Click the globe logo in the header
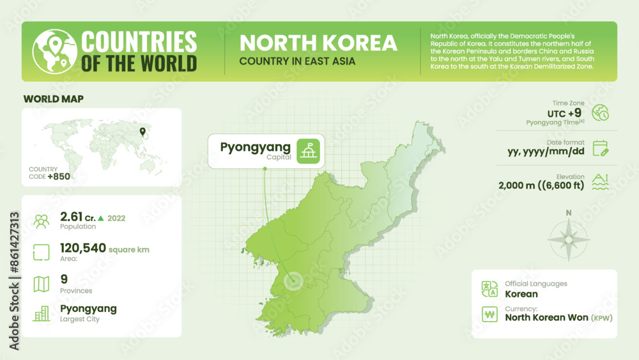54,51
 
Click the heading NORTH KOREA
318,43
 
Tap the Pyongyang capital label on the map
255,147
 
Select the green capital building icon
309,151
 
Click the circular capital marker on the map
293,281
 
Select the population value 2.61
71,217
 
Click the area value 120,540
83,248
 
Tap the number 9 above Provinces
64,279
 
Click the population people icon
42,221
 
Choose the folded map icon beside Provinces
42,283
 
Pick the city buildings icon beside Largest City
42,313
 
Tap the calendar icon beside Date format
600,148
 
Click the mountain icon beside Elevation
600,182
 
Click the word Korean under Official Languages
521,294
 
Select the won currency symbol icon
490,314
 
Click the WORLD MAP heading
53,99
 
